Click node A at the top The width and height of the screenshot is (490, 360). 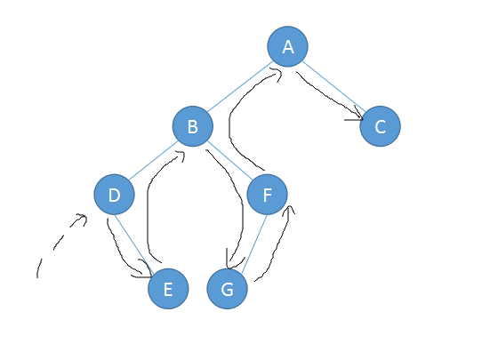(287, 46)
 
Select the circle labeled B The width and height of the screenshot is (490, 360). (193, 126)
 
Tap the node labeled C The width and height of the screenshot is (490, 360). (380, 126)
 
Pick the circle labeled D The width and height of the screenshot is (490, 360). (115, 195)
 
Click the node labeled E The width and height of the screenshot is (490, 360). (168, 289)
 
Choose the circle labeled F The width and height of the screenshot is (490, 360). (267, 195)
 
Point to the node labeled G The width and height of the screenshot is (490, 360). (227, 289)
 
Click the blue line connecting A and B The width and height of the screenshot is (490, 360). (240, 86)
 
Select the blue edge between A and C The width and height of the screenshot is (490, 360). (333, 86)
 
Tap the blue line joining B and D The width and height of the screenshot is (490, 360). (154, 161)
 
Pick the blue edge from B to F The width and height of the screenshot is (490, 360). (230, 161)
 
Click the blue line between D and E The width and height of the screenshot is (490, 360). (134, 243)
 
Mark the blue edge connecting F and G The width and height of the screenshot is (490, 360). (254, 243)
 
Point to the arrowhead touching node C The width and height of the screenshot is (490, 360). (357, 115)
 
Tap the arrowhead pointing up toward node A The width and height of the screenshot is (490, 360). (277, 75)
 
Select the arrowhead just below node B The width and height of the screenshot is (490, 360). (180, 156)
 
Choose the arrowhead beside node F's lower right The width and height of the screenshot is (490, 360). (289, 210)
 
